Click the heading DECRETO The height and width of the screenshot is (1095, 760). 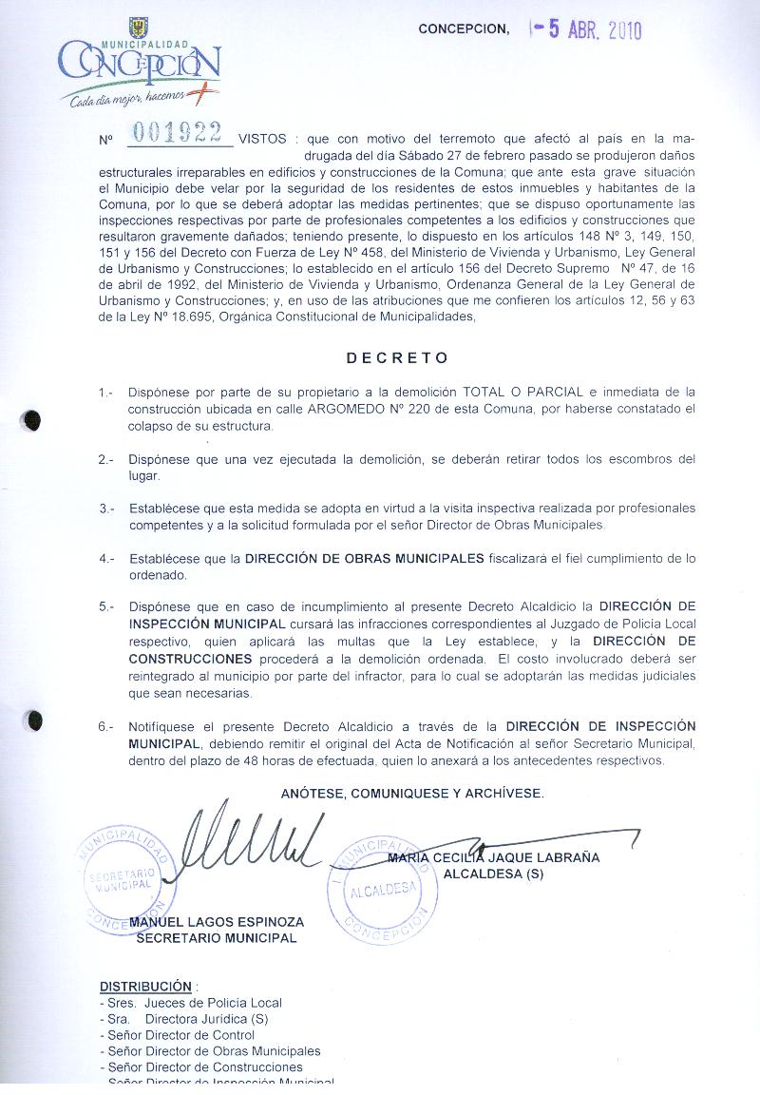click(397, 358)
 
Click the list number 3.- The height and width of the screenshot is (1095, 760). click(105, 509)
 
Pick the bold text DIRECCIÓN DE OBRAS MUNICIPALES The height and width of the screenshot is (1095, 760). click(364, 558)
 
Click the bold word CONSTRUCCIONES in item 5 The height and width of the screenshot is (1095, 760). click(191, 658)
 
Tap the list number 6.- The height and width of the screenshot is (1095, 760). click(105, 726)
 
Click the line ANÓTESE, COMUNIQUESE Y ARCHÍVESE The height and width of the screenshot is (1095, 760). click(412, 793)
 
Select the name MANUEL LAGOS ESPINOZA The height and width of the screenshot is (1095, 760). click(217, 922)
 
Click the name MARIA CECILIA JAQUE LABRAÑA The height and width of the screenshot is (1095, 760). click(494, 857)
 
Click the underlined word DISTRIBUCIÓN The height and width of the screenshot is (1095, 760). click(145, 986)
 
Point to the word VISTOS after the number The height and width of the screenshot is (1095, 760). click(262, 139)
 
